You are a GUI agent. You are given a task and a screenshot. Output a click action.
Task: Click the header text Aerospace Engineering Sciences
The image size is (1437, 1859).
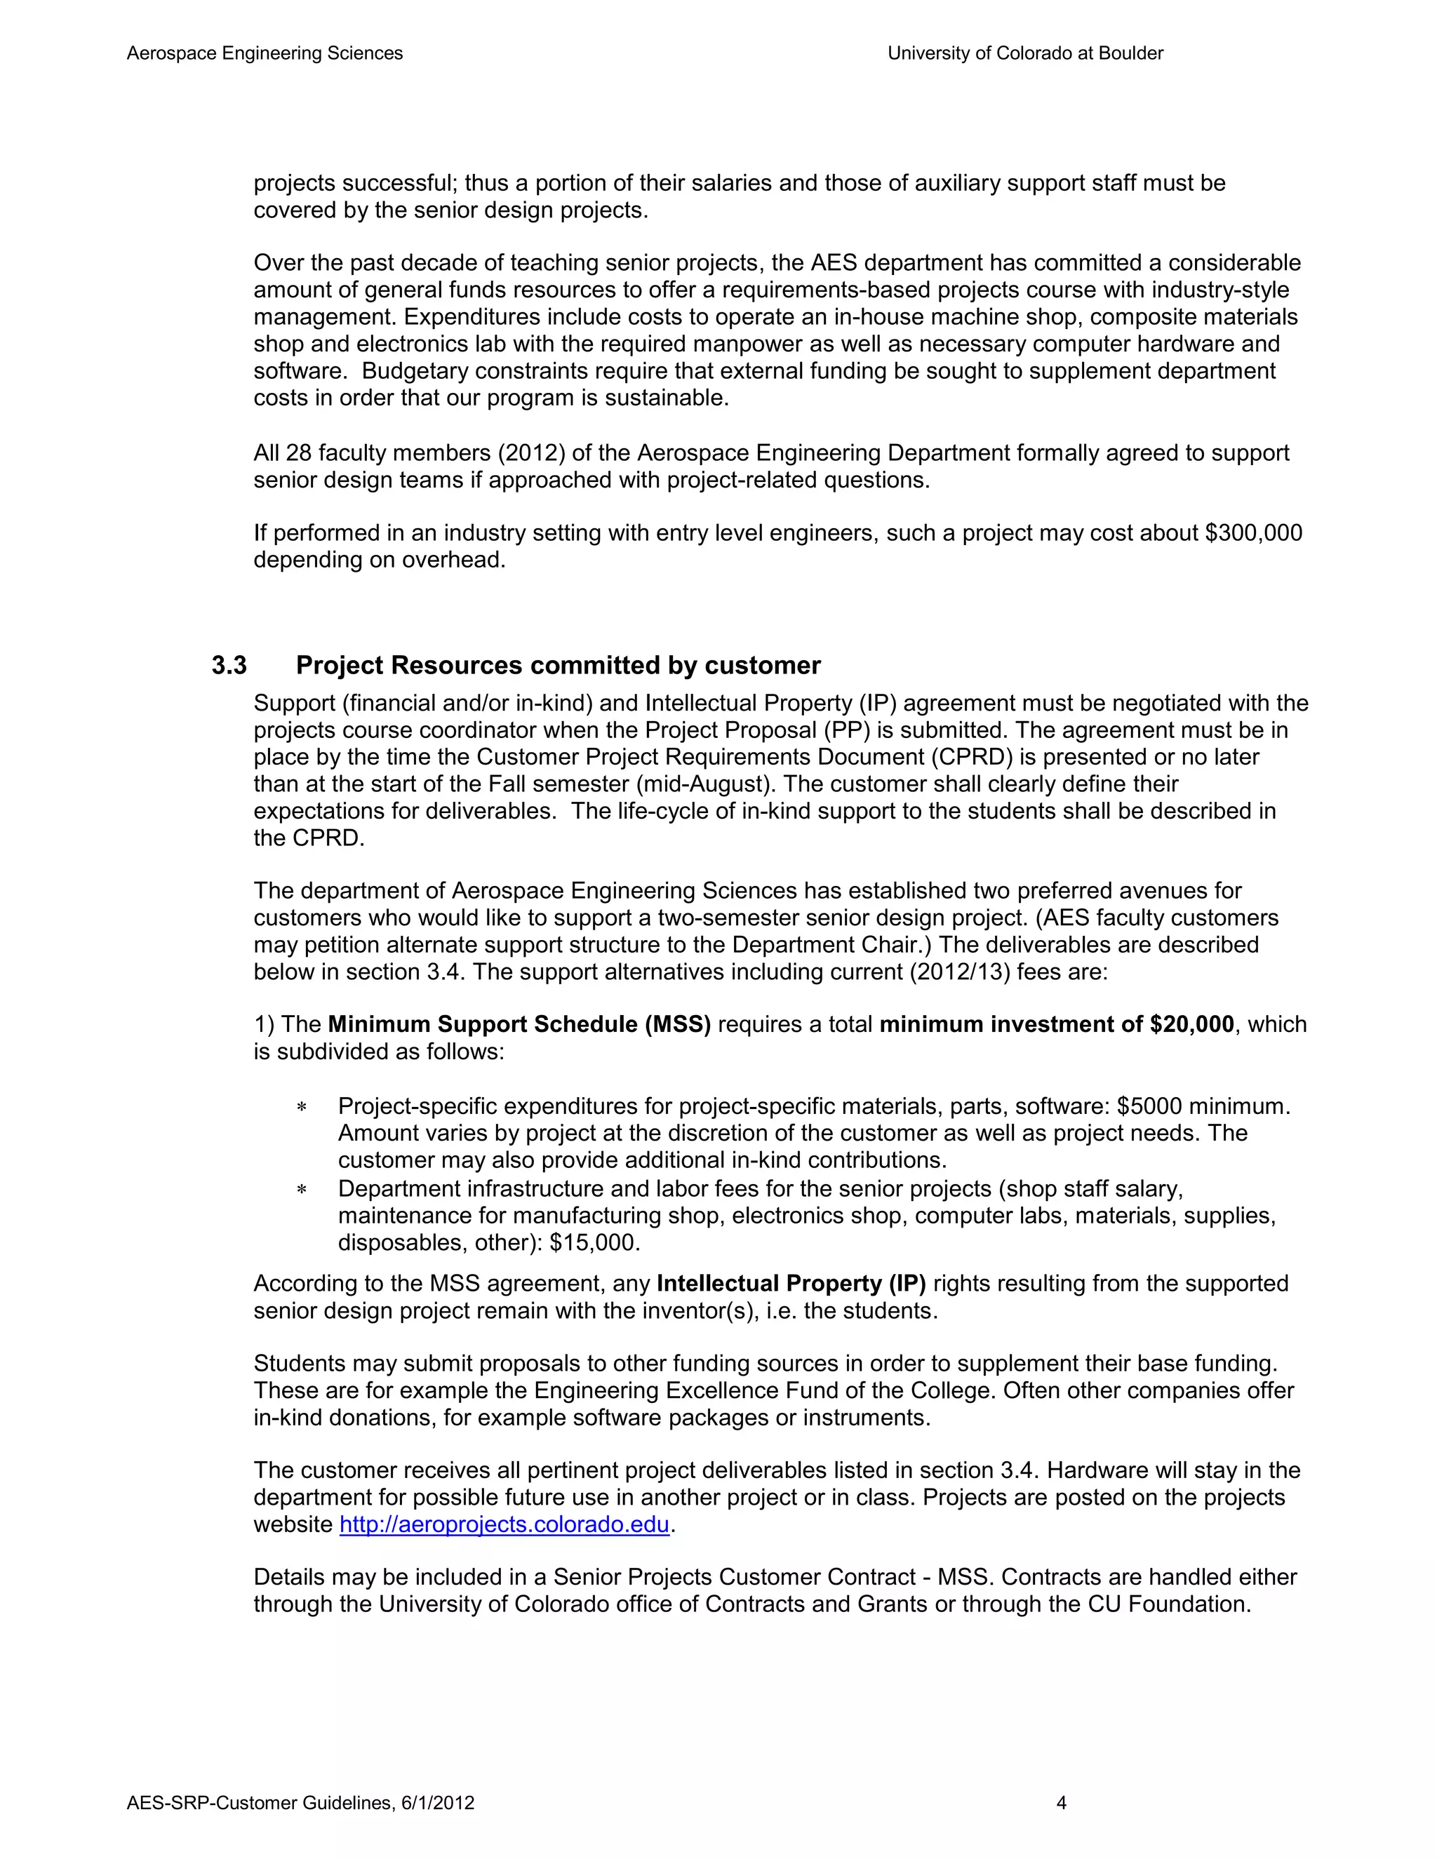pyautogui.click(x=265, y=53)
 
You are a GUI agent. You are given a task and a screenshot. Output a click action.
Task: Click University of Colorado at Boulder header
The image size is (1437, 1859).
pyautogui.click(x=1025, y=53)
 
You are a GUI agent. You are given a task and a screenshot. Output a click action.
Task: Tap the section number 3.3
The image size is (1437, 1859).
pyautogui.click(x=229, y=666)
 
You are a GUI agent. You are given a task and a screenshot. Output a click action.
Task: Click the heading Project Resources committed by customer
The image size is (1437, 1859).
pyautogui.click(x=558, y=666)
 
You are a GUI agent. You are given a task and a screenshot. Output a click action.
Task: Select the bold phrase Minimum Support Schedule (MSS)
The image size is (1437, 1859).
pyautogui.click(x=519, y=1025)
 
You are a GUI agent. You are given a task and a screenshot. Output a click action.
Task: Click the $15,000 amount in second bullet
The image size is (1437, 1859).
pyautogui.click(x=594, y=1243)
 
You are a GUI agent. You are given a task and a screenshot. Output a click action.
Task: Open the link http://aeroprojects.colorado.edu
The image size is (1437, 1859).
pyautogui.click(x=504, y=1524)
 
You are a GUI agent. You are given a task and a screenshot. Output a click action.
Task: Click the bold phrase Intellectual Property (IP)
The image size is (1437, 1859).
pyautogui.click(x=791, y=1284)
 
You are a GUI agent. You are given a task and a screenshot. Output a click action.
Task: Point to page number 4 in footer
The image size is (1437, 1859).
pyautogui.click(x=1061, y=1803)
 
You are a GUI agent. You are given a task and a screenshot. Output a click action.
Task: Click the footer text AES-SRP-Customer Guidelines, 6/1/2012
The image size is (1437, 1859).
pyautogui.click(x=300, y=1803)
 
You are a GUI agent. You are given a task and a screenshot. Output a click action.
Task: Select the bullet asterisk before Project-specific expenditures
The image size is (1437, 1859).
pyautogui.click(x=301, y=1108)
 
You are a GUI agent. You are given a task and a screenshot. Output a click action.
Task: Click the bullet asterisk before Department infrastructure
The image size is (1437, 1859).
pyautogui.click(x=301, y=1190)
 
